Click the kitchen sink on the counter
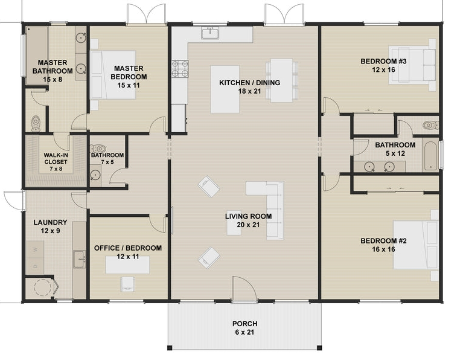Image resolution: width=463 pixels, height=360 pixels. [x=210, y=33]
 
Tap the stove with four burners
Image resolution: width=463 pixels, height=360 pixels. [x=180, y=69]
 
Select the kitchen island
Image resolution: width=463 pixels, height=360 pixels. [x=225, y=89]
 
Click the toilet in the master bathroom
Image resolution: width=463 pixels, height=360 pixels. [x=36, y=124]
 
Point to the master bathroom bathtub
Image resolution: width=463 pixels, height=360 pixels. [x=37, y=56]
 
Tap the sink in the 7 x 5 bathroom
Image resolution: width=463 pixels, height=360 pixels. [x=95, y=175]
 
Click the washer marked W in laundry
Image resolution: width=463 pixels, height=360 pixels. [x=35, y=249]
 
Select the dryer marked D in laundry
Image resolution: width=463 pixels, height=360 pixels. [x=35, y=266]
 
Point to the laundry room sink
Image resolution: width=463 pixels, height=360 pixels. [x=79, y=259]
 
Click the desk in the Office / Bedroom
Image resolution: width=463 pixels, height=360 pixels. [x=127, y=265]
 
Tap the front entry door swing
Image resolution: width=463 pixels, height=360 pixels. [x=244, y=289]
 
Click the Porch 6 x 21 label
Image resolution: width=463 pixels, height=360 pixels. [x=245, y=328]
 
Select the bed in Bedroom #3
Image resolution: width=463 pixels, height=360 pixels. [x=412, y=65]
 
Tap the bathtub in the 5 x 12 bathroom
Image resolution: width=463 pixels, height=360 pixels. [x=431, y=156]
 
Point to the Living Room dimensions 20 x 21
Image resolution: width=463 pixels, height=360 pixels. [x=248, y=225]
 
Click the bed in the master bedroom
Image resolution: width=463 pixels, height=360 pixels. [x=113, y=75]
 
